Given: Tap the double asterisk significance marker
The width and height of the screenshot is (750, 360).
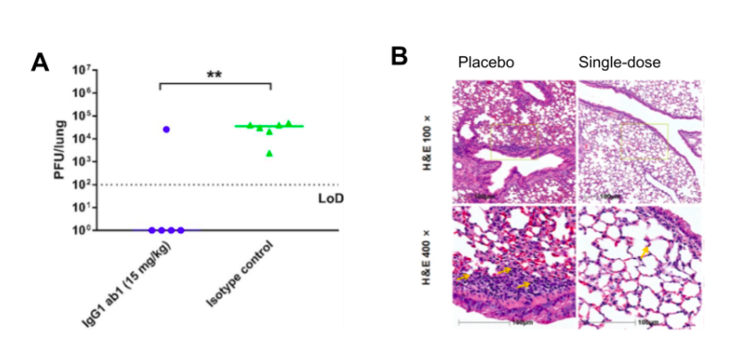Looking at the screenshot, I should [x=214, y=75].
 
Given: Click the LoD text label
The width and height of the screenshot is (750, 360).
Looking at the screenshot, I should [x=331, y=197].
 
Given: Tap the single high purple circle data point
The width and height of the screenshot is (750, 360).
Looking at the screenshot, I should [x=166, y=130].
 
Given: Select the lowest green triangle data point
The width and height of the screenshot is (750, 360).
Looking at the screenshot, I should [x=270, y=154].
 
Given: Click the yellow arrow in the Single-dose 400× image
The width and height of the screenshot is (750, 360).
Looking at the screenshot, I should [x=645, y=254].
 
